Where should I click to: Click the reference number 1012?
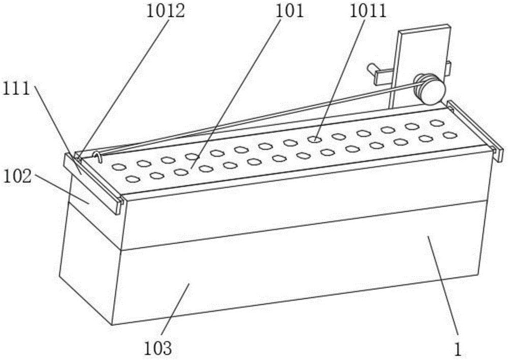coord(166,11)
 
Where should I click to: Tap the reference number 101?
coord(290,11)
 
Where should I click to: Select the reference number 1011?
coord(368,11)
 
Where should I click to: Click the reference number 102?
coord(17,176)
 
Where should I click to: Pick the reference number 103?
coord(158,348)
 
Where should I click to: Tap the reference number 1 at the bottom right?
coord(458,350)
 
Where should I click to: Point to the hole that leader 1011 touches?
coord(314,139)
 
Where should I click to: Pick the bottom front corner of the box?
coord(112,325)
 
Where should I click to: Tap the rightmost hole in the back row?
coord(437,123)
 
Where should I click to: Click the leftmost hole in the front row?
coord(132,179)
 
